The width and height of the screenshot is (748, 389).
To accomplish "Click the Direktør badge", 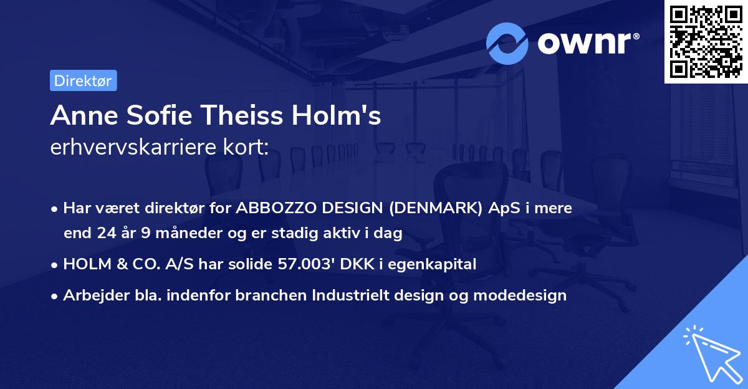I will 83,80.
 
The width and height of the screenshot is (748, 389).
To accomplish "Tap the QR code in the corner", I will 706,42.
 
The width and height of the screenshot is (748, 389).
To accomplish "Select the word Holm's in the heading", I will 341,115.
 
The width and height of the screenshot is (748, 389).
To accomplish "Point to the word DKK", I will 365,264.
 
